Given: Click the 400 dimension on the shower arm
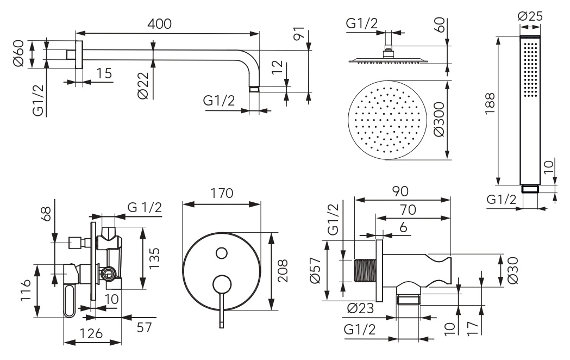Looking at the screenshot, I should point(159,24).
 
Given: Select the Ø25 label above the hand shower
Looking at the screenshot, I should point(530,16).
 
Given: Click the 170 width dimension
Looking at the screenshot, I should point(222,194).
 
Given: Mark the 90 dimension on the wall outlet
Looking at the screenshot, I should point(401,191).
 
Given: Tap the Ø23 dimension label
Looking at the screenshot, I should point(359,308).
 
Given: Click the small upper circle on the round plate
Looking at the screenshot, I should point(221,252).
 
